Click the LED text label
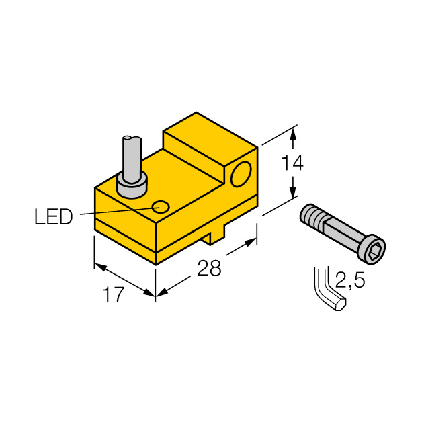pos(54,216)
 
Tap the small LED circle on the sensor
pos(161,207)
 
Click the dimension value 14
pos(292,163)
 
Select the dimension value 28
pos(209,268)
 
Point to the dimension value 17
pos(114,294)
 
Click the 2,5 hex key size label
pos(350,280)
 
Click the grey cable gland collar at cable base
pos(132,186)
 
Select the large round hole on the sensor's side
pos(241,175)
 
